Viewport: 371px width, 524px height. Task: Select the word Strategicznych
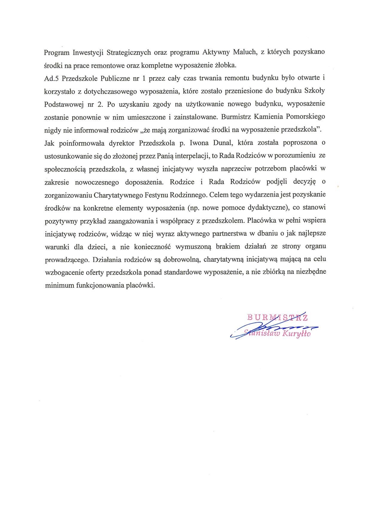coord(129,53)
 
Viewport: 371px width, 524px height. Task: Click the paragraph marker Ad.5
coord(51,79)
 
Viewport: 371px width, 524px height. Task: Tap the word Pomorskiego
coord(305,117)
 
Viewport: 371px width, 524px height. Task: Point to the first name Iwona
coord(199,143)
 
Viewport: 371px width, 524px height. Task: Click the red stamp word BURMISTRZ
coord(277,317)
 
